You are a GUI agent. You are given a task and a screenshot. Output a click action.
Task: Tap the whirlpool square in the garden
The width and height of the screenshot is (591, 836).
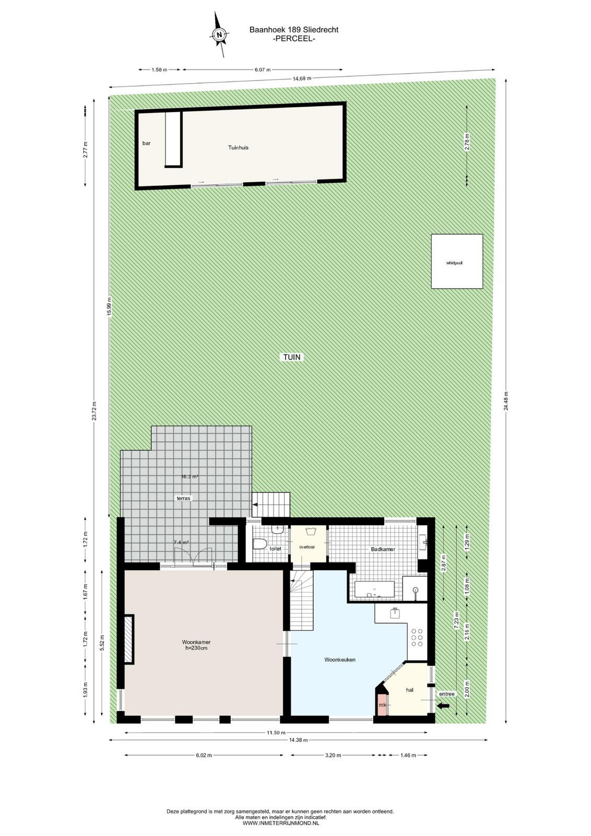pos(457,261)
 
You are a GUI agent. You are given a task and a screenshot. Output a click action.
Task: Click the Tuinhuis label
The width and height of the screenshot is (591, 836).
pos(238,147)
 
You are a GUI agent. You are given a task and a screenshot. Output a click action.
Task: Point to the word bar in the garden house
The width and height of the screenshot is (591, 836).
pos(147,143)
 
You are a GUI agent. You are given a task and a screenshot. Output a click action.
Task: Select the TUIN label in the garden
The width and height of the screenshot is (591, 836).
pos(292,357)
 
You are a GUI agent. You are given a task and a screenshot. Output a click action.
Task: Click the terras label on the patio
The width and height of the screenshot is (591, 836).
pos(183,498)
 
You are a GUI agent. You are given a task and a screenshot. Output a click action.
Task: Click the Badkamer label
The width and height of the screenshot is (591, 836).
pos(383,549)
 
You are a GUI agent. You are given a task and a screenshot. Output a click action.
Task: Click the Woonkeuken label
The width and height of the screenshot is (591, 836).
pos(340,659)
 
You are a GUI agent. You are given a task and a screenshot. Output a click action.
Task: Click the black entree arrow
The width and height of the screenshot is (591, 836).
pos(443,705)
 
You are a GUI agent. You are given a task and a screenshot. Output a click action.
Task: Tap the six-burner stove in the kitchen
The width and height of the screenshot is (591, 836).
pos(417,637)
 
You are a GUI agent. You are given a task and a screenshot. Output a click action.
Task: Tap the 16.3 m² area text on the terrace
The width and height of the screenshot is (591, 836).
pos(190,476)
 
